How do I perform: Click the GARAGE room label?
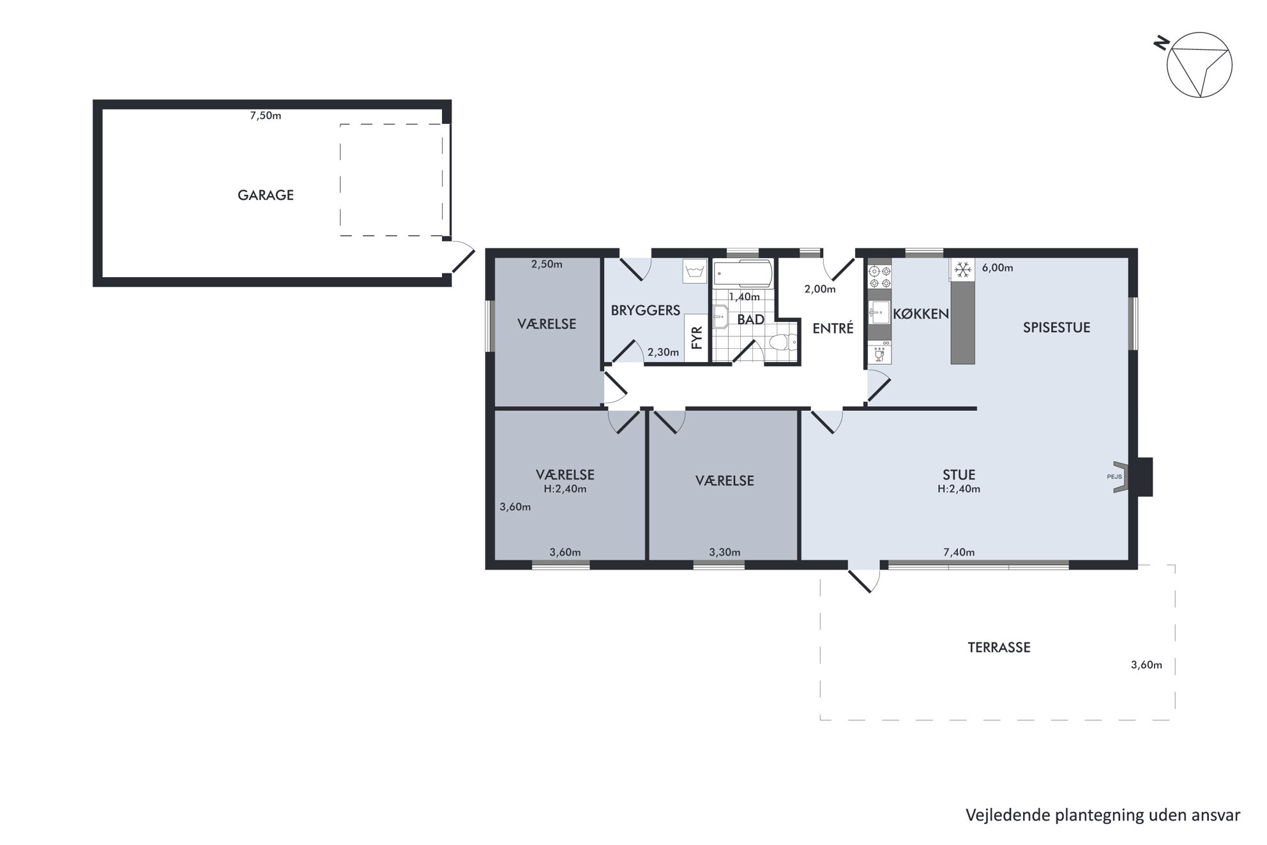266,195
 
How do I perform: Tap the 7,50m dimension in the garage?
266,116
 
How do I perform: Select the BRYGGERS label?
646,311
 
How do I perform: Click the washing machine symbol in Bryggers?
695,271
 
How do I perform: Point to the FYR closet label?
697,337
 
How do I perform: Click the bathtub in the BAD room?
743,273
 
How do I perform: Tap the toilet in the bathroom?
783,343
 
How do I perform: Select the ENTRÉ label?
833,329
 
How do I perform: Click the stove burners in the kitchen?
879,277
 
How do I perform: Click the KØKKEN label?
921,314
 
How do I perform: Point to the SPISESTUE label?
1056,328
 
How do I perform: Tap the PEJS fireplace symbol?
1121,476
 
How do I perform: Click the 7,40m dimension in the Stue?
959,552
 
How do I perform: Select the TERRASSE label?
999,648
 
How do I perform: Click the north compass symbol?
1199,65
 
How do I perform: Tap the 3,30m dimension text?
725,552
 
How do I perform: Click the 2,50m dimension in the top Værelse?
547,264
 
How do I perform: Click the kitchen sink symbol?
879,313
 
